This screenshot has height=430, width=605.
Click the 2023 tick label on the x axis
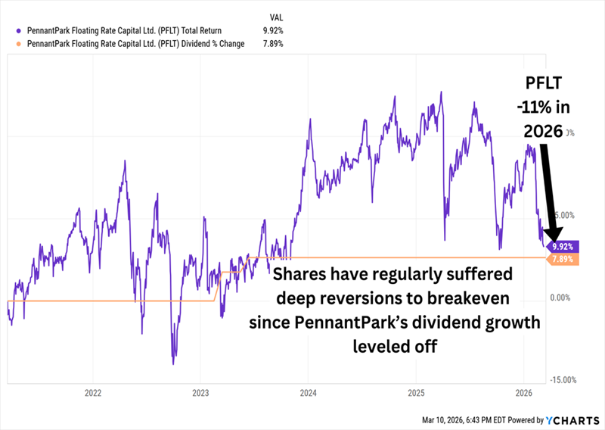[x=200, y=393]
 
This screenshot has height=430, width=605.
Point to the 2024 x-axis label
[x=308, y=393]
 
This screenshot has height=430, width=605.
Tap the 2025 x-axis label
[x=416, y=393]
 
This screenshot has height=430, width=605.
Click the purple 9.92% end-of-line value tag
[x=563, y=247]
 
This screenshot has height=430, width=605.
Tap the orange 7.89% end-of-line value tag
[x=563, y=259]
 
